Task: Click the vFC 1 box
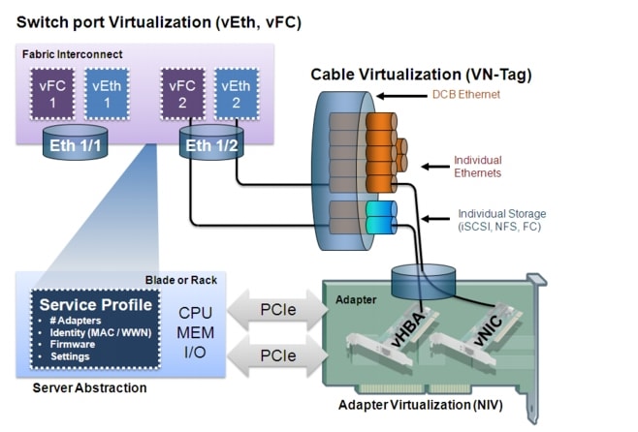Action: click(x=52, y=94)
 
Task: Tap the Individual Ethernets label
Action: click(x=478, y=166)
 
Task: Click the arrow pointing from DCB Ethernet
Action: click(x=398, y=96)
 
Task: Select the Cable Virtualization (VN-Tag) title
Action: click(x=421, y=74)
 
